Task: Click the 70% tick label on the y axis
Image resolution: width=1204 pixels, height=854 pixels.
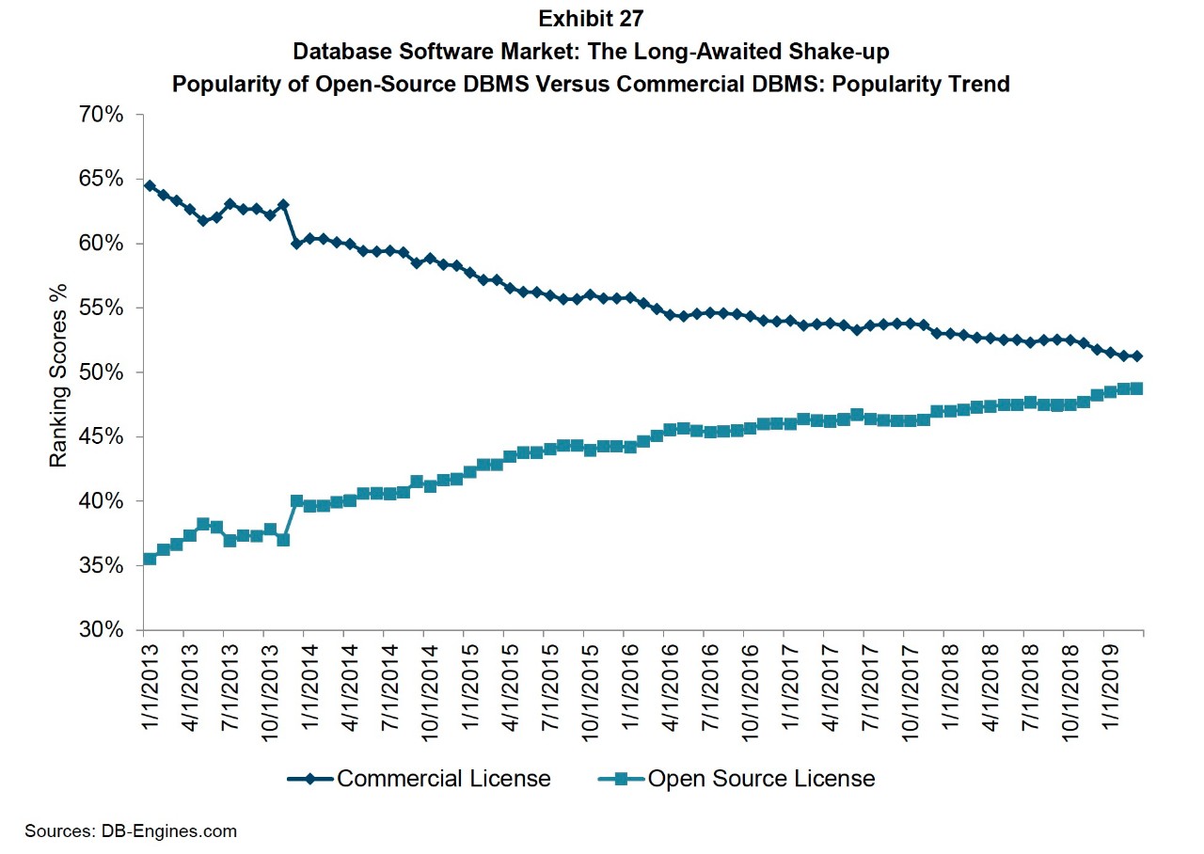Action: tap(103, 115)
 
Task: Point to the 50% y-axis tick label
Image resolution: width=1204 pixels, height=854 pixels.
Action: tap(103, 372)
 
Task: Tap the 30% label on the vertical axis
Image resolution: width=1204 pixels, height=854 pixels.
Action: tap(103, 629)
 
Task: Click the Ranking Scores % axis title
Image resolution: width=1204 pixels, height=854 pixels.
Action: tap(58, 372)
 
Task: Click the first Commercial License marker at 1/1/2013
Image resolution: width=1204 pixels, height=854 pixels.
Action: tap(149, 185)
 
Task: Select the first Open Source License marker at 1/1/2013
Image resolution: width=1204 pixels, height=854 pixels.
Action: tap(149, 559)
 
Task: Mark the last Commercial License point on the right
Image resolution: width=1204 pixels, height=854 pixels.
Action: tap(1137, 356)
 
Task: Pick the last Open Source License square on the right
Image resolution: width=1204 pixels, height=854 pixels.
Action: tap(1137, 387)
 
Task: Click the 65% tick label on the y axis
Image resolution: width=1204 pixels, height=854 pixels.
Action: tap(103, 179)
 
